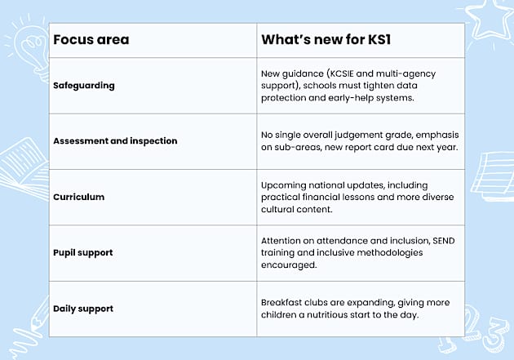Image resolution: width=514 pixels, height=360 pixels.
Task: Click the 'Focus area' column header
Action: [x=91, y=39]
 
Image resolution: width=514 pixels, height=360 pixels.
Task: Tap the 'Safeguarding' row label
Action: [x=84, y=85]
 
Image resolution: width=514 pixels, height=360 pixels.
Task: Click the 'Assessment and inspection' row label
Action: [x=115, y=140]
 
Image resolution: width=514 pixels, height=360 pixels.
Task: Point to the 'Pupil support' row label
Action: [x=83, y=252]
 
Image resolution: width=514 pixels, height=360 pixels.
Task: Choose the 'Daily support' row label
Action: [x=83, y=309]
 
